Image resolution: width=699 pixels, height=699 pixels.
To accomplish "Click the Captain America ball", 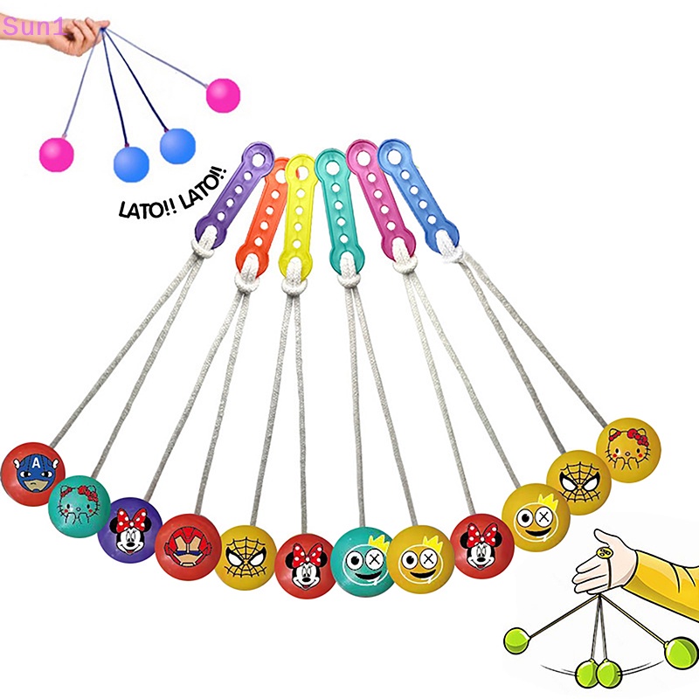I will click(34, 471).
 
